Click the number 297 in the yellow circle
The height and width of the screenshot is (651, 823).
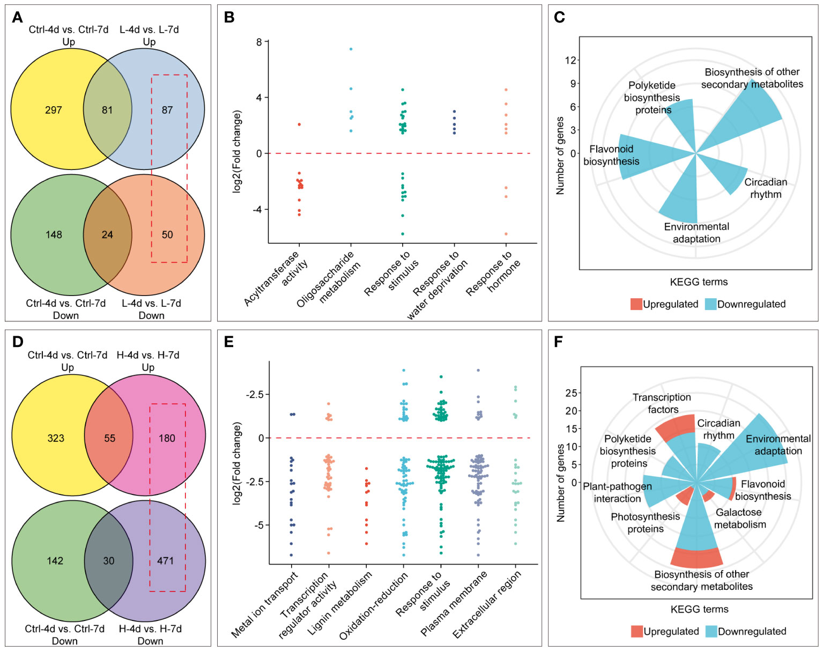point(54,110)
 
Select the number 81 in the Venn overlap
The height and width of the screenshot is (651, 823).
point(107,110)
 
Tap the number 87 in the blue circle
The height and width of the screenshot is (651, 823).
point(167,110)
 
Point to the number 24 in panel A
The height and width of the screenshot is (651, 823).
point(107,235)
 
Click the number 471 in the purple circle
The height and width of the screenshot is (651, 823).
point(165,561)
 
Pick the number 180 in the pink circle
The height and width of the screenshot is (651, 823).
point(167,438)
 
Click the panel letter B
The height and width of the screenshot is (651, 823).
point(229,17)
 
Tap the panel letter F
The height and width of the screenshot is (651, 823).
point(558,342)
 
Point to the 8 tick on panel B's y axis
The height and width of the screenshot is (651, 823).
point(259,42)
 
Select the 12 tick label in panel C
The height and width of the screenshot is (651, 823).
point(570,60)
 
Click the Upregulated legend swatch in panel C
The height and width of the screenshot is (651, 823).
point(636,304)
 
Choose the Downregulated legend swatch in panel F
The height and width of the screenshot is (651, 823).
point(711,631)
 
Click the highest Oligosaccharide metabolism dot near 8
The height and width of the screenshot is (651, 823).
point(351,49)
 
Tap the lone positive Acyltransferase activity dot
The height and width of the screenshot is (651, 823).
point(299,124)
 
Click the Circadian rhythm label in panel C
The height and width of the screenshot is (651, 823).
point(766,188)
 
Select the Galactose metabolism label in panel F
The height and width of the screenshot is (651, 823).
point(739,519)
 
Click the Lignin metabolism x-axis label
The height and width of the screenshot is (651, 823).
point(340,603)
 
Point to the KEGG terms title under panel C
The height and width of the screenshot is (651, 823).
point(699,282)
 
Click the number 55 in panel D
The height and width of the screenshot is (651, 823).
point(109,438)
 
